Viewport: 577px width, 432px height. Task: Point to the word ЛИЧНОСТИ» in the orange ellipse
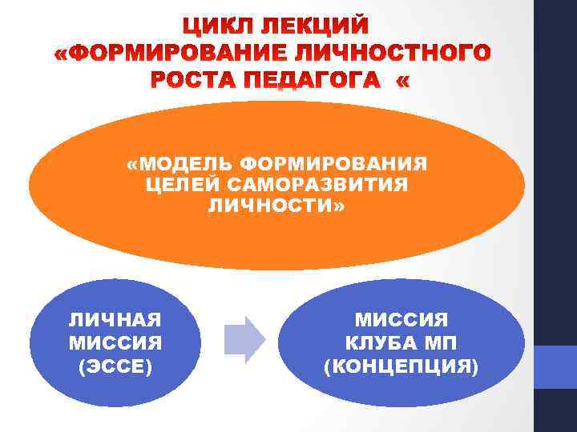(x=277, y=206)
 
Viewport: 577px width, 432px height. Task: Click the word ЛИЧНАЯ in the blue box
(x=115, y=320)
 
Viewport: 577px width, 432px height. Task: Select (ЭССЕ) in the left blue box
(x=115, y=366)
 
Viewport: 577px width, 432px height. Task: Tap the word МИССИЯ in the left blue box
(x=115, y=343)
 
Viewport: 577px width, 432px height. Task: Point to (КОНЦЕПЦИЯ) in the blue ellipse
(x=401, y=366)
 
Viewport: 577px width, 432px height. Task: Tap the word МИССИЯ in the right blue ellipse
(x=401, y=320)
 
